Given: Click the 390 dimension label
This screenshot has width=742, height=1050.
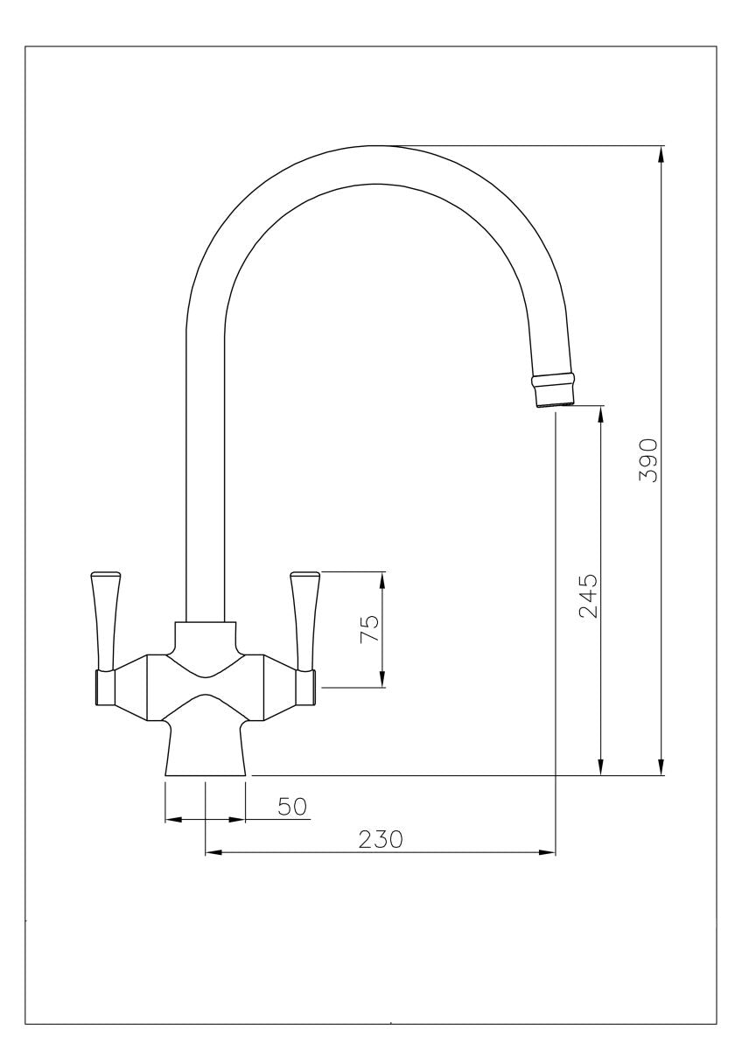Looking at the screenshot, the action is [x=648, y=460].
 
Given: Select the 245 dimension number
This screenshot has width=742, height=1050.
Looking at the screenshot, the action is [x=589, y=596].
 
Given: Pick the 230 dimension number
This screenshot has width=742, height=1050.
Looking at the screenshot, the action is [x=381, y=839].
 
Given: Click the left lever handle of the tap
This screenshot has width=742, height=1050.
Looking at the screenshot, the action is [x=105, y=622].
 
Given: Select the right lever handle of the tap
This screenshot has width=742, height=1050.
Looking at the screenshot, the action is [x=305, y=622].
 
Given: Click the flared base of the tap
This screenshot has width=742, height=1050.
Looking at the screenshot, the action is [x=206, y=751].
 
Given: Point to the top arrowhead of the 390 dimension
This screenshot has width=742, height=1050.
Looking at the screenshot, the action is [x=661, y=154].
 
